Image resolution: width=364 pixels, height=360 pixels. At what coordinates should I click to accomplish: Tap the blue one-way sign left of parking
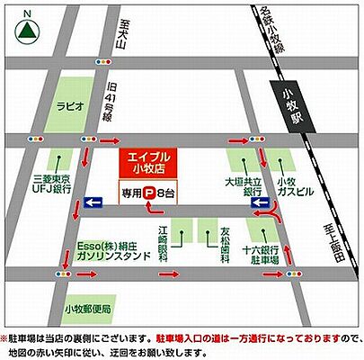tap(93, 203)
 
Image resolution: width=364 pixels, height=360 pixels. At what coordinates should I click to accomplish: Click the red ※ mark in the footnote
tap(5, 337)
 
